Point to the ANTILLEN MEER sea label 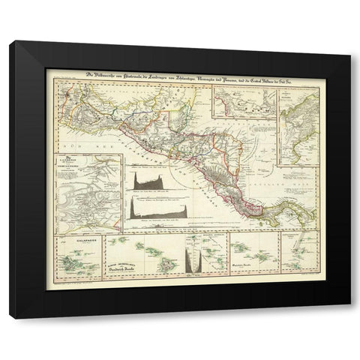click(x=286, y=182)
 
